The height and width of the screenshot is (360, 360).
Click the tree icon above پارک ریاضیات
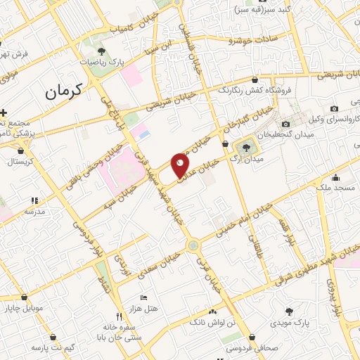(101, 51)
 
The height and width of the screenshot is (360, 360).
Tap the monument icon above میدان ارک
(246, 147)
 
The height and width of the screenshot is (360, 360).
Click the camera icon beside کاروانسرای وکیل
(334, 108)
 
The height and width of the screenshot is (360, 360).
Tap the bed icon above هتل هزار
(144, 298)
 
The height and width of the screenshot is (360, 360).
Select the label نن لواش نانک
(212, 323)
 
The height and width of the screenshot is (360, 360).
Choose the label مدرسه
(34, 211)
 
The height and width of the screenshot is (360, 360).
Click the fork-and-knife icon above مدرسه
(34, 200)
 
